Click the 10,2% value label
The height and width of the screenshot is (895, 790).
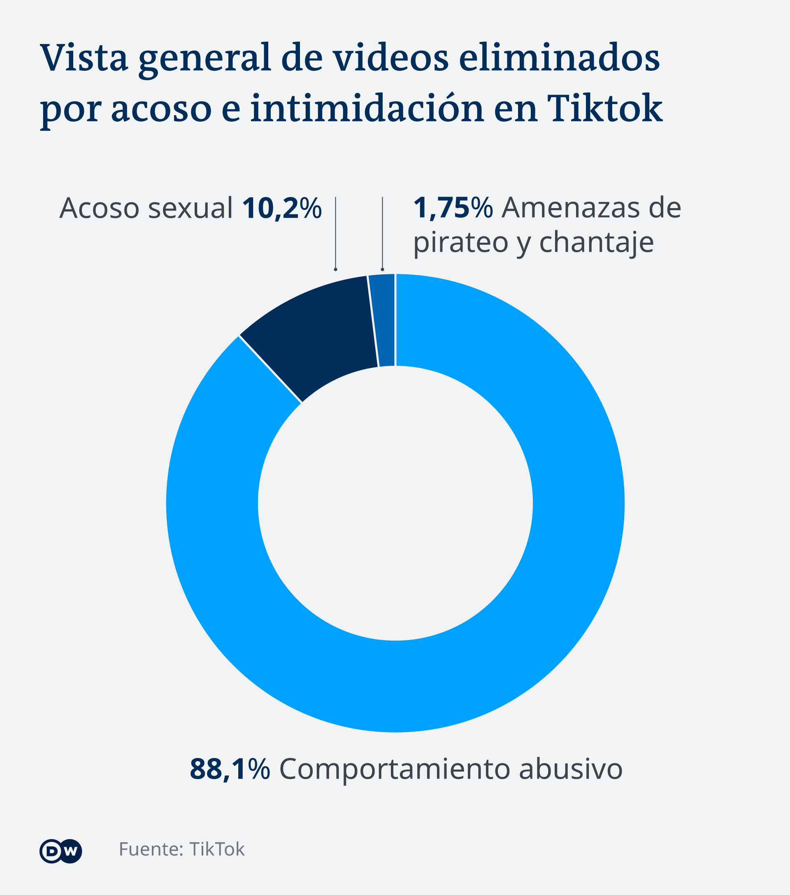click(281, 208)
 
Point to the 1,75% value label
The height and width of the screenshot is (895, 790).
click(453, 208)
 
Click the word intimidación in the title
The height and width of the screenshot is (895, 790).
click(367, 108)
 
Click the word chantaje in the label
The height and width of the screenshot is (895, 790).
click(597, 242)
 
